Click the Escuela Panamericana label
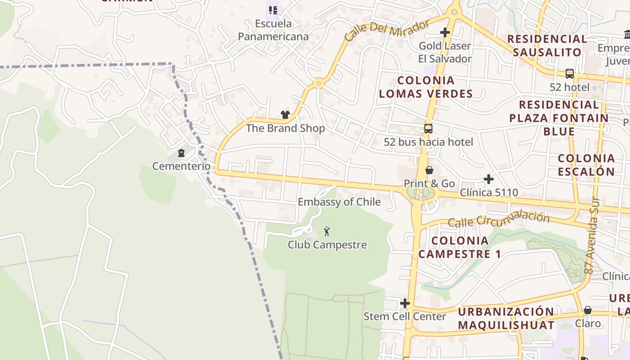(273, 30)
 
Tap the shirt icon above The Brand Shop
(285, 115)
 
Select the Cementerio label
(181, 166)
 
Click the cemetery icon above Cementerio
(181, 153)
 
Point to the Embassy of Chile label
(339, 202)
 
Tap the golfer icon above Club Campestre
(327, 232)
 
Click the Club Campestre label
(327, 245)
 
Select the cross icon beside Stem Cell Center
(405, 303)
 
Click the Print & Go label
(429, 184)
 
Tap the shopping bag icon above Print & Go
(429, 170)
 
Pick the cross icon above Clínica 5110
(489, 179)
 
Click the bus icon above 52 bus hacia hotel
(428, 129)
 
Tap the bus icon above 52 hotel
(569, 73)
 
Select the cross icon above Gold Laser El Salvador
(445, 32)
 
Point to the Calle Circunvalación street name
(499, 220)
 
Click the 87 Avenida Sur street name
(592, 236)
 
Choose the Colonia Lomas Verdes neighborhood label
(425, 87)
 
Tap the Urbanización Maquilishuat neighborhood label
(506, 318)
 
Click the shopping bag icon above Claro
(588, 310)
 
